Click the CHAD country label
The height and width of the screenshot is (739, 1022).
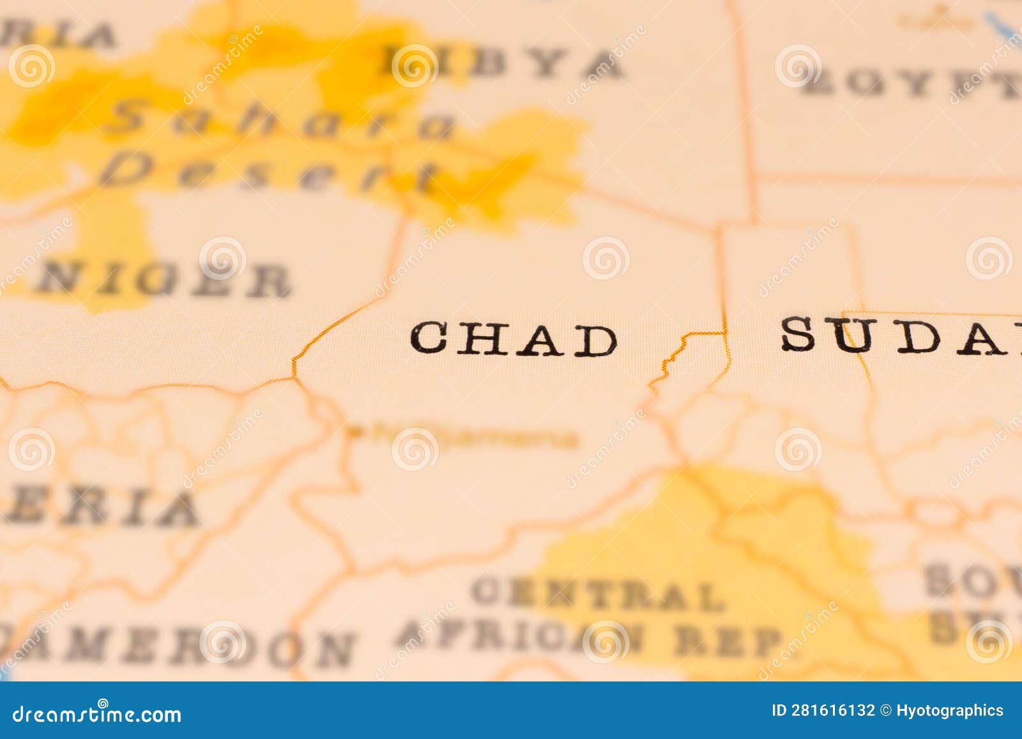pos(514,339)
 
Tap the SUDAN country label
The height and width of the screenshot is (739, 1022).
pos(901,335)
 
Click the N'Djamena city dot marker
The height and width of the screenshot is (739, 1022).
pos(353,432)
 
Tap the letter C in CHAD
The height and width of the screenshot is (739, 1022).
pos(427,338)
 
